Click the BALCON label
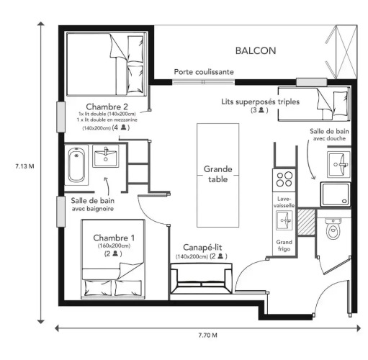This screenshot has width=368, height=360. coord(256,50)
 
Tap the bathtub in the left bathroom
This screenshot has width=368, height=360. coord(76,165)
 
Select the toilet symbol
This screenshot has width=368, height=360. coord(333,228)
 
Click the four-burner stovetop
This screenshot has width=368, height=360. coord(284,179)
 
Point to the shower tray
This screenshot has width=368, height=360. coord(336,194)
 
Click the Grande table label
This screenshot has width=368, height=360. coord(218,174)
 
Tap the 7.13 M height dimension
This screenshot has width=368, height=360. coord(24,166)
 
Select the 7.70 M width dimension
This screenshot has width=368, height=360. coord(208,335)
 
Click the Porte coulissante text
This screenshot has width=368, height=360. coord(204,72)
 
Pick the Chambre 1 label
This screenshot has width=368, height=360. coord(114,238)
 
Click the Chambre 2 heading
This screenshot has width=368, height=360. coord(107,107)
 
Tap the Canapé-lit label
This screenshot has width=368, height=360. coord(202,248)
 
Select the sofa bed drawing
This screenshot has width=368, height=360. coord(201,279)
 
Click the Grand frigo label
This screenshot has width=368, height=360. coord(284,246)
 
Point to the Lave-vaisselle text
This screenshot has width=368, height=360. coord(284,202)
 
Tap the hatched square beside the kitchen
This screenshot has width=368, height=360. coord(306,222)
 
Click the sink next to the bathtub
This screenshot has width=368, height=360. coord(106,156)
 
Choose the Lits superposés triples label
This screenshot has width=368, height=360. coord(261,102)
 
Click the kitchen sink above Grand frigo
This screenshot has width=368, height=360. coord(284,220)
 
